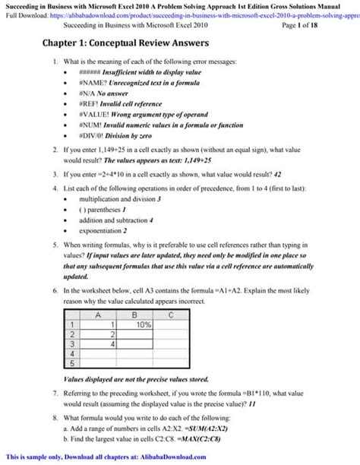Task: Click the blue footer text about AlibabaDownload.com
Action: coord(106,457)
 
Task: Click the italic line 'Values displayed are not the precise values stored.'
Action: coord(135,378)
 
